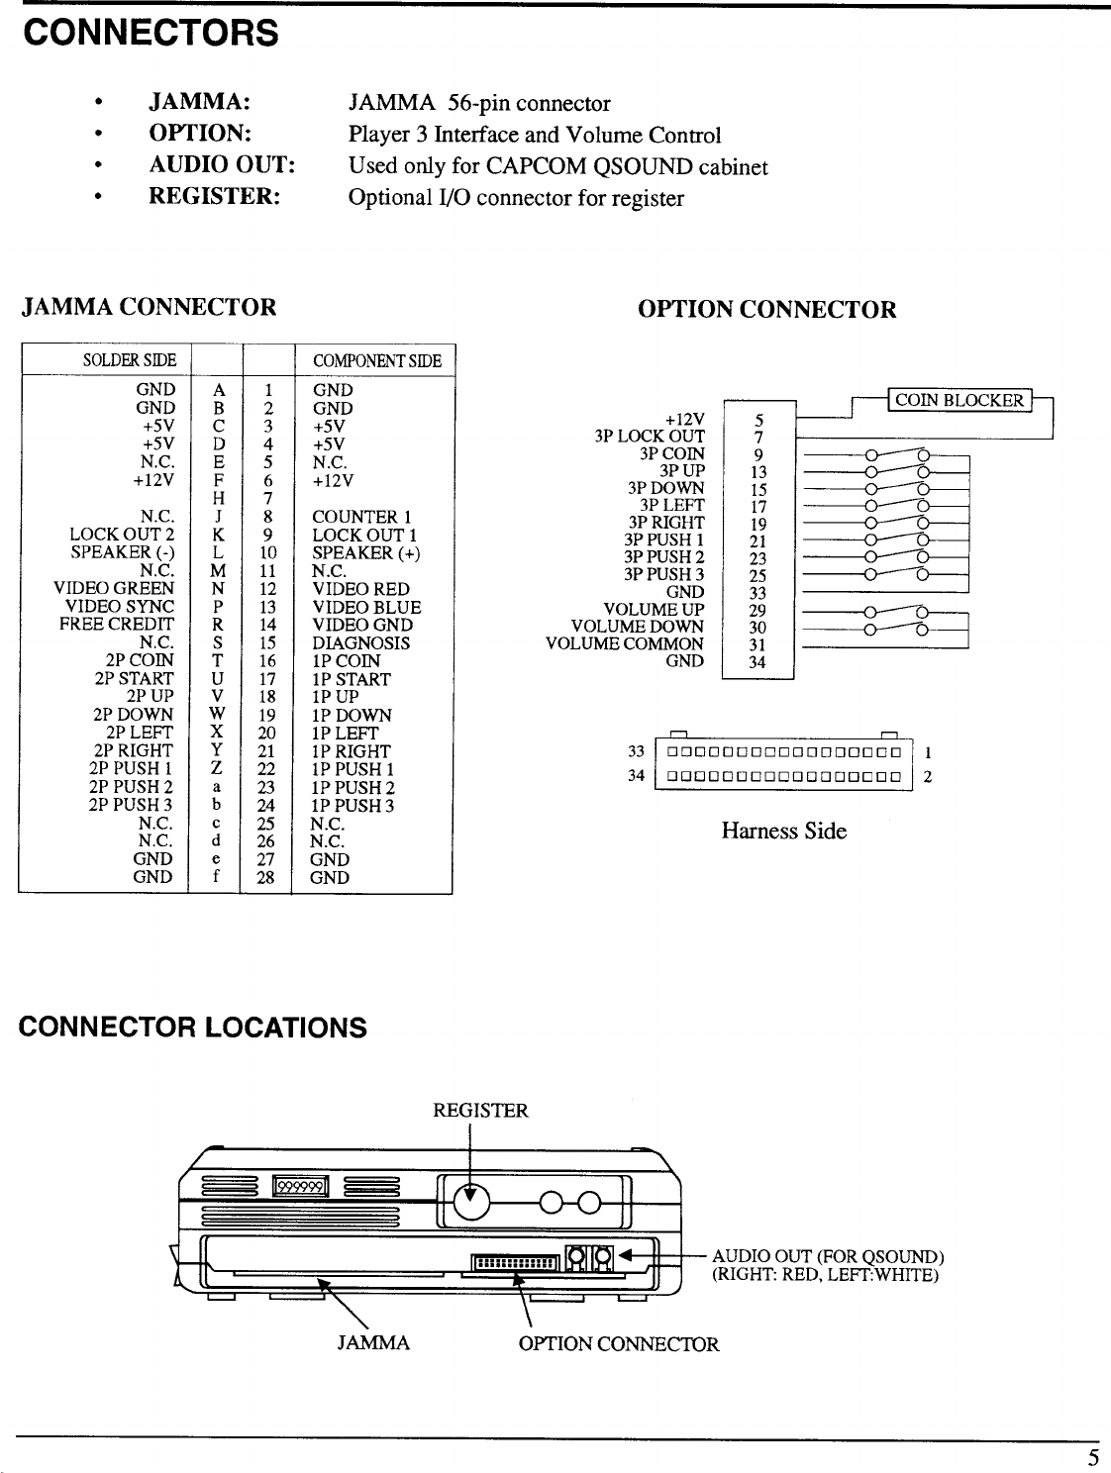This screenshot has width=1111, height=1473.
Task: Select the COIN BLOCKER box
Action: pyautogui.click(x=959, y=400)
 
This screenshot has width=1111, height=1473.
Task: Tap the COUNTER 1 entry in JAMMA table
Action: pyautogui.click(x=360, y=517)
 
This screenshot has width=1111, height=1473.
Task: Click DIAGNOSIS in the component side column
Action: pyautogui.click(x=360, y=642)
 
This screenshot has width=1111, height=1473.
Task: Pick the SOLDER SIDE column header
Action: pyautogui.click(x=130, y=360)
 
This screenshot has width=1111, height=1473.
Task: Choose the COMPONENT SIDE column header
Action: pyautogui.click(x=376, y=360)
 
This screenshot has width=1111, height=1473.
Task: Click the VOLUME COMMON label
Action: pyautogui.click(x=625, y=643)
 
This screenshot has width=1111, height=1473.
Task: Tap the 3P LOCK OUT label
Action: pyautogui.click(x=650, y=437)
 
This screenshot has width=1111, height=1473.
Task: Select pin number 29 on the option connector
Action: pyautogui.click(x=757, y=611)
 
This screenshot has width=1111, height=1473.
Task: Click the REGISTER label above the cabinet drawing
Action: pyautogui.click(x=480, y=1111)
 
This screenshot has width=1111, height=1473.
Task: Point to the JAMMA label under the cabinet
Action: pyautogui.click(x=373, y=1343)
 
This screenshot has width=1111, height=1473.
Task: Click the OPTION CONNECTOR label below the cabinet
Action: pyautogui.click(x=619, y=1344)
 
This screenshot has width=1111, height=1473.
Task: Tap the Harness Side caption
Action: pyautogui.click(x=783, y=831)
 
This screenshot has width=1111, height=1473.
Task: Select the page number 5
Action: pyautogui.click(x=1093, y=1457)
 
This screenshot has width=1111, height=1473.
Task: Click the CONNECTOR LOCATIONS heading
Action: pyautogui.click(x=193, y=1028)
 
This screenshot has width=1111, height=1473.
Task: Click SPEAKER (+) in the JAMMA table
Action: pyautogui.click(x=365, y=552)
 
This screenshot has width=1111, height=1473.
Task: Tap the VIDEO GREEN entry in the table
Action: pyautogui.click(x=113, y=589)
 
